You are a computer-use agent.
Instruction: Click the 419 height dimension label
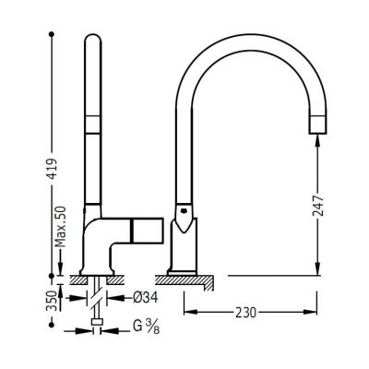(53, 169)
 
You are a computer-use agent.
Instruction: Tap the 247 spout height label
(318, 206)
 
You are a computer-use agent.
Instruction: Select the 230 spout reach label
(246, 313)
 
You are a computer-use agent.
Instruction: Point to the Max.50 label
(61, 227)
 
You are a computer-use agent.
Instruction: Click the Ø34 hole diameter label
(146, 297)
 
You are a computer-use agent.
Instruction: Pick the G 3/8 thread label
(147, 327)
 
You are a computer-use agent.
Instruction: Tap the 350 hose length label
(53, 302)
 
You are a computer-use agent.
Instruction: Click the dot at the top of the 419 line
(52, 34)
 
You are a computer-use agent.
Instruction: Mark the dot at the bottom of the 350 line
(52, 325)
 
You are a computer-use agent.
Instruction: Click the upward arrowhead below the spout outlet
(318, 141)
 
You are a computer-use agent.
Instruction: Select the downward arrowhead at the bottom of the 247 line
(318, 268)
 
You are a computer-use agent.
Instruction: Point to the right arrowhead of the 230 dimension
(310, 312)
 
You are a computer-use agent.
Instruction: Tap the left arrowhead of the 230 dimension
(191, 312)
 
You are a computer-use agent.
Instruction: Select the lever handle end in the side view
(147, 230)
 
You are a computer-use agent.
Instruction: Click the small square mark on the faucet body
(184, 211)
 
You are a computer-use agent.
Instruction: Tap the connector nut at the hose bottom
(97, 322)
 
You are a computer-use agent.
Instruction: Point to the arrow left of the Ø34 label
(77, 298)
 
